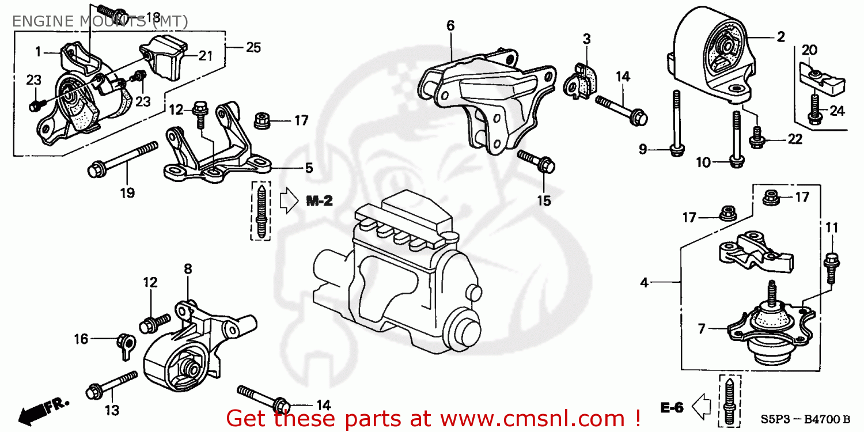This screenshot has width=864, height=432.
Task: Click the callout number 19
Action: tap(127, 193)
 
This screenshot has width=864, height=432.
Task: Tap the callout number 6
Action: tap(450, 25)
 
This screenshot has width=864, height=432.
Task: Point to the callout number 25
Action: tap(253, 47)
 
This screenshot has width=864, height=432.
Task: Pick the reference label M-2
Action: tap(319, 201)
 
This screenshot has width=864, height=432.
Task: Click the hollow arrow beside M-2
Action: tap(287, 201)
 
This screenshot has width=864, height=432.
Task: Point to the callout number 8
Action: tap(188, 269)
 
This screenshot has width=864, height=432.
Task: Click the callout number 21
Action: tap(206, 56)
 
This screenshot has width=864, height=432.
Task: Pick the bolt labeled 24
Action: tap(814, 109)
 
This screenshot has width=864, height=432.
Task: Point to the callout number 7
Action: tap(702, 329)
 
